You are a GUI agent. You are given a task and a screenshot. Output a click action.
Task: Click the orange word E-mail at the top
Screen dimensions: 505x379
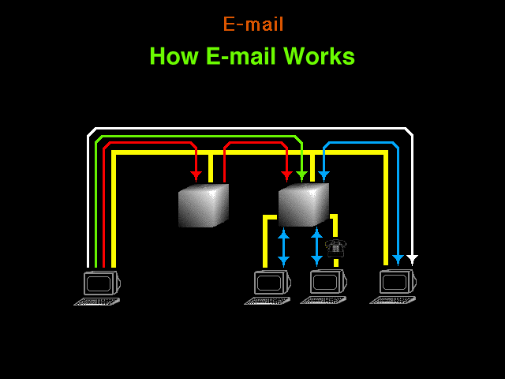click(253, 24)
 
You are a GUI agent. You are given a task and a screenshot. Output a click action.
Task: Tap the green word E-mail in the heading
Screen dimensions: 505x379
click(241, 56)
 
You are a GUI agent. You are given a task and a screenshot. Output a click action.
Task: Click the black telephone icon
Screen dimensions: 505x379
click(335, 249)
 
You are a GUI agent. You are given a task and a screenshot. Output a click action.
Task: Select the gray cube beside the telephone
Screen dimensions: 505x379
click(304, 205)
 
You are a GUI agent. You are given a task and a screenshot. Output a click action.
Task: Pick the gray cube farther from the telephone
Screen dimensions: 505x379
click(204, 205)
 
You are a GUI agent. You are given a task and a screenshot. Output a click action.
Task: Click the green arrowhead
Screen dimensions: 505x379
click(301, 176)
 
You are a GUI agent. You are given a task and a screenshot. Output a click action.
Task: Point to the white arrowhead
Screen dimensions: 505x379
click(412, 260)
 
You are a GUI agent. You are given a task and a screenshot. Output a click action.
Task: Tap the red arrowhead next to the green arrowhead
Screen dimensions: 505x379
click(286, 176)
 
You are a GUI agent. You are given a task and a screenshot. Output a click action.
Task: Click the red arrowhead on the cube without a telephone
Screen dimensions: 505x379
click(196, 176)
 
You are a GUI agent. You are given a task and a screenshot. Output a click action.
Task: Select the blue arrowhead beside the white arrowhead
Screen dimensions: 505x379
click(398, 260)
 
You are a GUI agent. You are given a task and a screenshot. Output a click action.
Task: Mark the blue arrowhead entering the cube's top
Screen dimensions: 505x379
click(324, 176)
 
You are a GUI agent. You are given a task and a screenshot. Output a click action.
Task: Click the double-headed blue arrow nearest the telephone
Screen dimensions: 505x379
click(316, 247)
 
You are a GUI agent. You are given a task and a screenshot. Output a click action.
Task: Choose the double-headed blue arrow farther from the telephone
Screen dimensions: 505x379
click(283, 247)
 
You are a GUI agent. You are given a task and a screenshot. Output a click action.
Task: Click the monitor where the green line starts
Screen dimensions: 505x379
click(102, 283)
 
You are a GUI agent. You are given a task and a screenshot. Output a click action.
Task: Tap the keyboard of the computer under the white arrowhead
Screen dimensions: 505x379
click(393, 300)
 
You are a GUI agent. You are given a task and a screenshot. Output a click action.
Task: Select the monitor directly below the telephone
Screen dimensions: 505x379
click(328, 282)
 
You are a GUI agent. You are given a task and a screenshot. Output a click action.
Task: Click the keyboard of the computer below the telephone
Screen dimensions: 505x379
click(324, 300)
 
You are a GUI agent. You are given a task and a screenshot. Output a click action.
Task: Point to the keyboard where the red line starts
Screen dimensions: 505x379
click(97, 302)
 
